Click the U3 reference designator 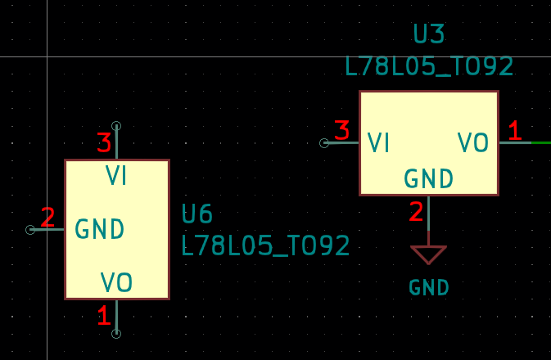(429, 34)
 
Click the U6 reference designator (197, 214)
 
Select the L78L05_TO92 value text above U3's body (429, 66)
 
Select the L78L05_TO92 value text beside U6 (265, 245)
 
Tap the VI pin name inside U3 (378, 143)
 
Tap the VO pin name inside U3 (473, 143)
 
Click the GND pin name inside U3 (429, 178)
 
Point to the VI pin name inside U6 (116, 176)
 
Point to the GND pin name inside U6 (100, 229)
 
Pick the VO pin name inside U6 (116, 283)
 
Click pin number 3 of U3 (342, 130)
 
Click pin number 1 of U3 (514, 130)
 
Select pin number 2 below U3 (417, 212)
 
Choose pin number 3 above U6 (104, 143)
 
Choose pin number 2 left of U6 (47, 218)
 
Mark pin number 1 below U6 (104, 316)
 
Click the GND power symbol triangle (428, 254)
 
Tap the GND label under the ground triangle (429, 288)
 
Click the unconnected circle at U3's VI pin (324, 143)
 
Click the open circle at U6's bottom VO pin (116, 333)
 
